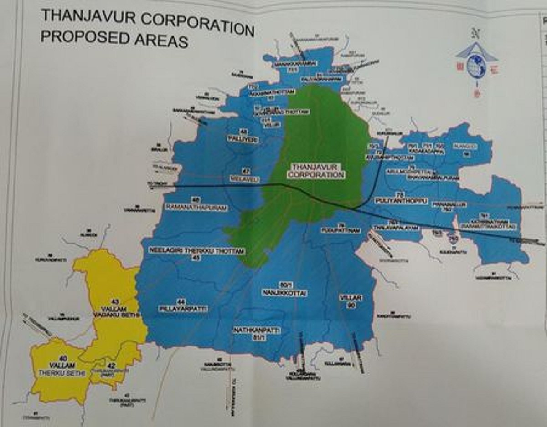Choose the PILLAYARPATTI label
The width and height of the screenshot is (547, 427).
183,309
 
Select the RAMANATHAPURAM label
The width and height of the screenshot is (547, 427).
197,207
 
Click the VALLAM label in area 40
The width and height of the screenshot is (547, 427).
63,365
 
